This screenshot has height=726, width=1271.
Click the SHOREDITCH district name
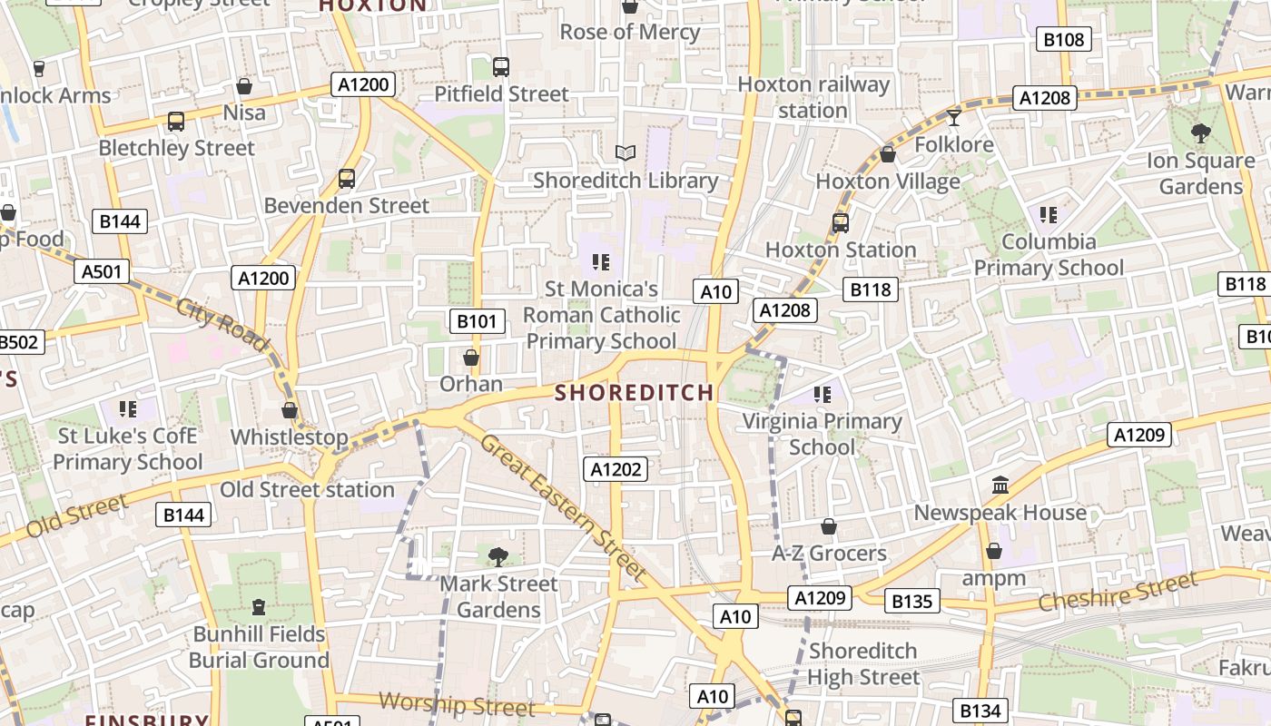click(634, 393)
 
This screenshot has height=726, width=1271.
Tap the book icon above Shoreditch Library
click(625, 153)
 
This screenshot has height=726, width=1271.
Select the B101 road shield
click(477, 320)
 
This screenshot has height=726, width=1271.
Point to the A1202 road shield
click(616, 469)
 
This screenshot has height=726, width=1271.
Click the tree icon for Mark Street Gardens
click(498, 556)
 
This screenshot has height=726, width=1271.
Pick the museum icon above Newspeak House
click(1000, 486)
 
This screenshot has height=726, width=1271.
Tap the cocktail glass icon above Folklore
click(953, 117)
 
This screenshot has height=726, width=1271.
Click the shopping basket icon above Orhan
click(470, 358)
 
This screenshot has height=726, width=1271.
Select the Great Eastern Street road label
click(563, 507)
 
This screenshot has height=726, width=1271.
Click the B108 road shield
click(1064, 39)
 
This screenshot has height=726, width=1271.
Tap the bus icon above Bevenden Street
click(346, 179)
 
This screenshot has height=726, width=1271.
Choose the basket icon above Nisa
click(244, 86)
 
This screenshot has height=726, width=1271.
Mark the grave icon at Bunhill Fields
click(259, 606)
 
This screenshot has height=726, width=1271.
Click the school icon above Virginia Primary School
click(822, 394)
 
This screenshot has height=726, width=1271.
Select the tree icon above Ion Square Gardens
click(1200, 133)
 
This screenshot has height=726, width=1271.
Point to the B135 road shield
click(911, 601)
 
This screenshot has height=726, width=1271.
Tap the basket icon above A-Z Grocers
click(828, 526)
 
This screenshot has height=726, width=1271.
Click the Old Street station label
click(308, 490)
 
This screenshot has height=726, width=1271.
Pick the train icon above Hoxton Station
click(841, 222)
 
